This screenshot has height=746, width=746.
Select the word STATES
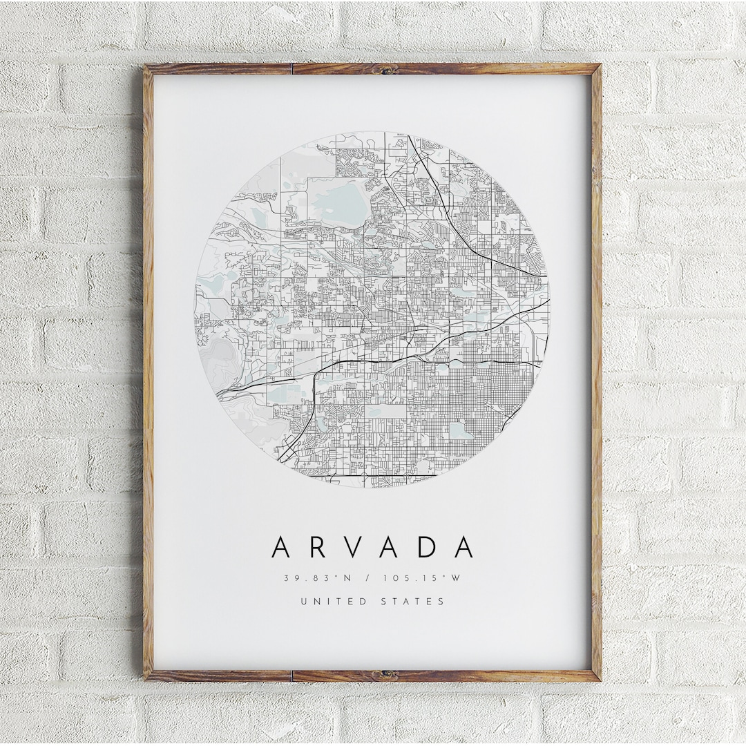pos(413,601)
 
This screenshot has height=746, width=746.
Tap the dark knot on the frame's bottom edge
pos(385,674)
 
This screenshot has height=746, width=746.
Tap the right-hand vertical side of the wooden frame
pos(596,373)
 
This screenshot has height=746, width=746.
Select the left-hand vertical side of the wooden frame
pos(148,373)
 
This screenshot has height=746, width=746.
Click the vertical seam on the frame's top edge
pos(292,68)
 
